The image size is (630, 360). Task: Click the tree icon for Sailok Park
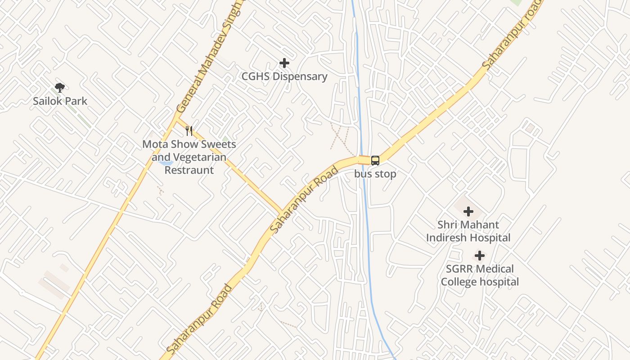(59, 87)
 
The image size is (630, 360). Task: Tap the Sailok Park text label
(60, 101)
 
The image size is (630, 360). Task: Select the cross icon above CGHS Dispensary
(284, 63)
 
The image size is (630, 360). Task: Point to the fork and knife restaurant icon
(189, 131)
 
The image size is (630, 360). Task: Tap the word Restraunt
(189, 170)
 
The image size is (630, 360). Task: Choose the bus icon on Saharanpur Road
(375, 160)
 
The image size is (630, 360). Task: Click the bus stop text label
(375, 174)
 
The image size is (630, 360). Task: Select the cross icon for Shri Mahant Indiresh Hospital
(468, 211)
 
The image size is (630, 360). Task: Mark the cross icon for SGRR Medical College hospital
(480, 256)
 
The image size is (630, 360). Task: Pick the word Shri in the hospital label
(448, 225)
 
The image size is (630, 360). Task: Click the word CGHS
(255, 76)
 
